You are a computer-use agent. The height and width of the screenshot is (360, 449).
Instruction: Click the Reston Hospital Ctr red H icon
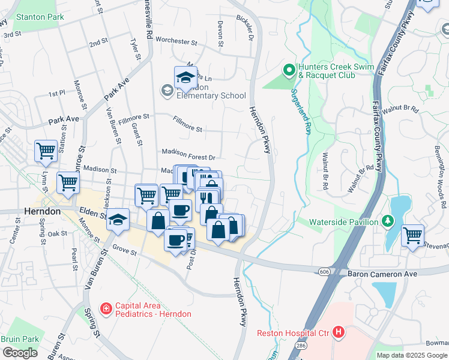[339, 332]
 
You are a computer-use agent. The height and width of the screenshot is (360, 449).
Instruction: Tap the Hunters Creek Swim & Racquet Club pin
[289, 71]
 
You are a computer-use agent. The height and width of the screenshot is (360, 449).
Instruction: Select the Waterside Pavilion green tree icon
[388, 222]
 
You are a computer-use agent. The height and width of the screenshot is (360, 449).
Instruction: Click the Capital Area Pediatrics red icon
[106, 308]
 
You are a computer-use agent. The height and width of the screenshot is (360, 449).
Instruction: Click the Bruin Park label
[20, 339]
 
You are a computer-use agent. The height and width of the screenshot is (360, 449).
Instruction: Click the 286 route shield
[300, 347]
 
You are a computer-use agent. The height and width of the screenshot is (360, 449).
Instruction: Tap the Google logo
[20, 353]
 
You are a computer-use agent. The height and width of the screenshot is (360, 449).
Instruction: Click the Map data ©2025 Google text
[412, 355]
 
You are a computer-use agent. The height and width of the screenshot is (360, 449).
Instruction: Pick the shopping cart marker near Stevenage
[412, 236]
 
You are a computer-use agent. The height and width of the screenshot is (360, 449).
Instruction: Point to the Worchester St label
[176, 41]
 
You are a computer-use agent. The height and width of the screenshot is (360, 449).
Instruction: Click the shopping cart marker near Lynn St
[46, 151]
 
